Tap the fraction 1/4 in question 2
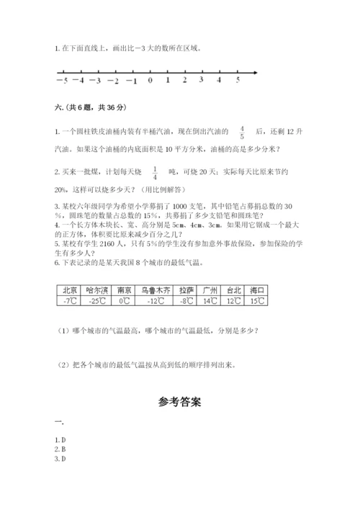155,174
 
